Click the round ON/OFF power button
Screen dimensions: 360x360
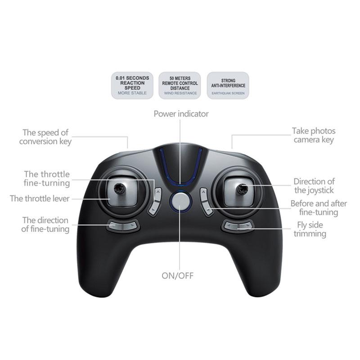180,201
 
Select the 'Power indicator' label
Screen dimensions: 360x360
181,114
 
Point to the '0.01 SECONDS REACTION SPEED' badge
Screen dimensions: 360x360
132,85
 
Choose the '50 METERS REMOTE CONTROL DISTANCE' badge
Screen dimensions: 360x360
180,85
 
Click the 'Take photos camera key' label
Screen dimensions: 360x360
314,135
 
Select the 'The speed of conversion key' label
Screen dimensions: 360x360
45,137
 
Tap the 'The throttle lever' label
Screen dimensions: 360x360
40,198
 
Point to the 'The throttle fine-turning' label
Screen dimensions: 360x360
47,179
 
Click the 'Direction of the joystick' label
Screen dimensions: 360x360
314,186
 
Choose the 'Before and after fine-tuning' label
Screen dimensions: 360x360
319,208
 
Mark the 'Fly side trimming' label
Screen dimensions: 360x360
310,229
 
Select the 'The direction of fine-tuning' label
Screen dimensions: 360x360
45,225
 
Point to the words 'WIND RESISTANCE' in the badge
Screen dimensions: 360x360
180,93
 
